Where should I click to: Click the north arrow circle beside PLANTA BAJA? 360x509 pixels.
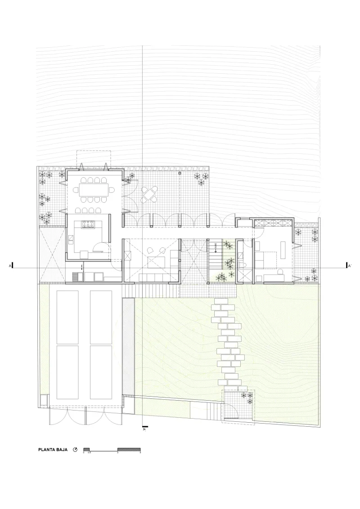[x=75, y=449]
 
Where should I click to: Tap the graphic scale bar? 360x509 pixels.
[x=112, y=450]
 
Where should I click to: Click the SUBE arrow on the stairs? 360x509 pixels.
[x=216, y=246]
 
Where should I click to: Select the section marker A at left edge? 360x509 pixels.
[x=11, y=266]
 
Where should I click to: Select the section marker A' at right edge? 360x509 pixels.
[x=348, y=266]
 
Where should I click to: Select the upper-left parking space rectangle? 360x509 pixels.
[x=67, y=317]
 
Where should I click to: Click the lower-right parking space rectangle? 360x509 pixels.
[x=101, y=372]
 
